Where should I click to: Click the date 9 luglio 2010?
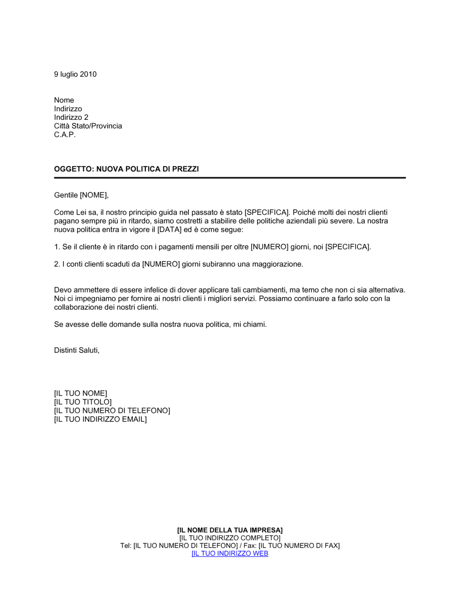75,74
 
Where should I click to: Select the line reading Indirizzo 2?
71,117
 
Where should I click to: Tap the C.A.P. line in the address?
64,134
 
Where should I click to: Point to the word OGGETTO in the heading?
73,169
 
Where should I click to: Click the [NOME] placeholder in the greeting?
93,195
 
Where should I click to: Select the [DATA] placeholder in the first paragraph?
169,229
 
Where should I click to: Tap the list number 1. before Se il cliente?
57,247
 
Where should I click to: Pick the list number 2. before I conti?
57,264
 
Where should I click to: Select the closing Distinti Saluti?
76,350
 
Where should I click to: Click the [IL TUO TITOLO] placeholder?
83,402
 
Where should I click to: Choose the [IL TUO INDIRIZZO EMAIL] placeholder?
100,419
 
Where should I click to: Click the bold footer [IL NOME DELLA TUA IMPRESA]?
230,530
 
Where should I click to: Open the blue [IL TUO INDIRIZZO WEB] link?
230,553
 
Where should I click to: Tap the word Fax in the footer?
250,546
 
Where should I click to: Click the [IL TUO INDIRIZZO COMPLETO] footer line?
230,538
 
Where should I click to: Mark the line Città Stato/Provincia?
88,126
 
